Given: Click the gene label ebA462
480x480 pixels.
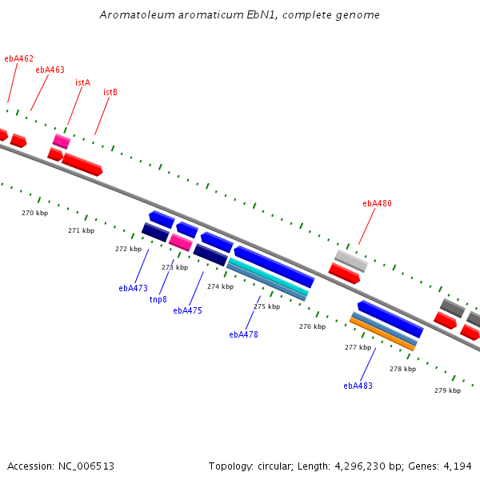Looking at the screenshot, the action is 18,58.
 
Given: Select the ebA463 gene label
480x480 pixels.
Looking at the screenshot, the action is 50,70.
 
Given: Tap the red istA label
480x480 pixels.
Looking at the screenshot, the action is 82,82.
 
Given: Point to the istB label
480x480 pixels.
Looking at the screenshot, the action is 110,92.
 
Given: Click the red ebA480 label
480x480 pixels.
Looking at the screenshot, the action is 377,203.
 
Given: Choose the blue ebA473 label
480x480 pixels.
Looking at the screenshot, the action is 133,288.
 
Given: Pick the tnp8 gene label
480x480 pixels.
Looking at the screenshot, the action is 158,299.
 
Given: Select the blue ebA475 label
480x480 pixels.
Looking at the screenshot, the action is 188,310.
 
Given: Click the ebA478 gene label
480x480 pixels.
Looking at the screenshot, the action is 244,334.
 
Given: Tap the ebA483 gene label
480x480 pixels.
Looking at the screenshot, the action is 358,386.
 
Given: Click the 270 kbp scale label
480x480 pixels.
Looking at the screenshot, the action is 35,213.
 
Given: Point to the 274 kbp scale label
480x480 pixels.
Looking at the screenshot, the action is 221,286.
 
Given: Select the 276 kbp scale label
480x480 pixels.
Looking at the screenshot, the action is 313,326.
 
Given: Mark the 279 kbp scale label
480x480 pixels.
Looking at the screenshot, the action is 447,390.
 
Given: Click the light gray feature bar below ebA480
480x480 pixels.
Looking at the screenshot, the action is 351,261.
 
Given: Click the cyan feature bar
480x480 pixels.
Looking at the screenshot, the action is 269,277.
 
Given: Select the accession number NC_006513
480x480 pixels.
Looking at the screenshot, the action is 86,466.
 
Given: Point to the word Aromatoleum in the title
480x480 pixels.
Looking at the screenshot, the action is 137,14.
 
